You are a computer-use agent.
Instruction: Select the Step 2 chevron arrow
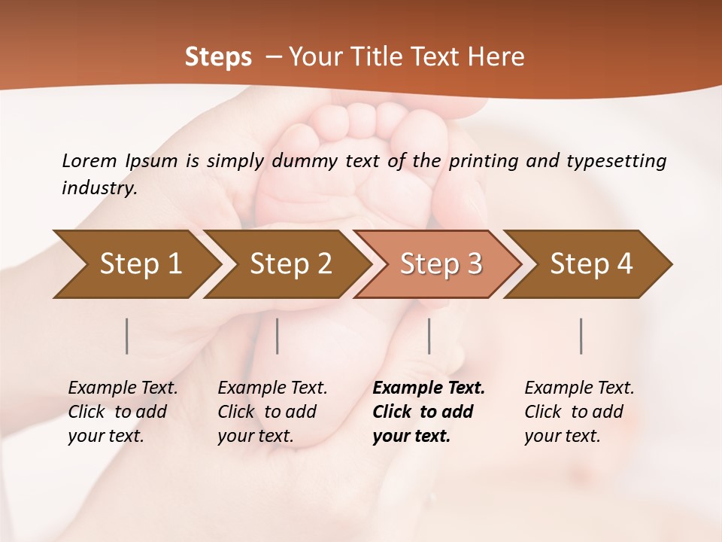(290, 264)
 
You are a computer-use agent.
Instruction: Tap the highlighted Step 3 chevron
(441, 264)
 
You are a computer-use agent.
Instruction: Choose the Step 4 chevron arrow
(591, 264)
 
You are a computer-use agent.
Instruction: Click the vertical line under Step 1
(127, 336)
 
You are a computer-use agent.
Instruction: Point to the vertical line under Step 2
(278, 336)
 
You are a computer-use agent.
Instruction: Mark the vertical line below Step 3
(429, 336)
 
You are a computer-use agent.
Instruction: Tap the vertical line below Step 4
(581, 336)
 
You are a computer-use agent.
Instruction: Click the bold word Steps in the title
(218, 57)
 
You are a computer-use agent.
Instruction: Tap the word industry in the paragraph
(99, 188)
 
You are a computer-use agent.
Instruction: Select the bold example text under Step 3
(429, 412)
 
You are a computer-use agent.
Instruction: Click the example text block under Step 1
(123, 412)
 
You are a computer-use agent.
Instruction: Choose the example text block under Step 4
(579, 412)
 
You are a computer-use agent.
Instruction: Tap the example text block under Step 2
(272, 412)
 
